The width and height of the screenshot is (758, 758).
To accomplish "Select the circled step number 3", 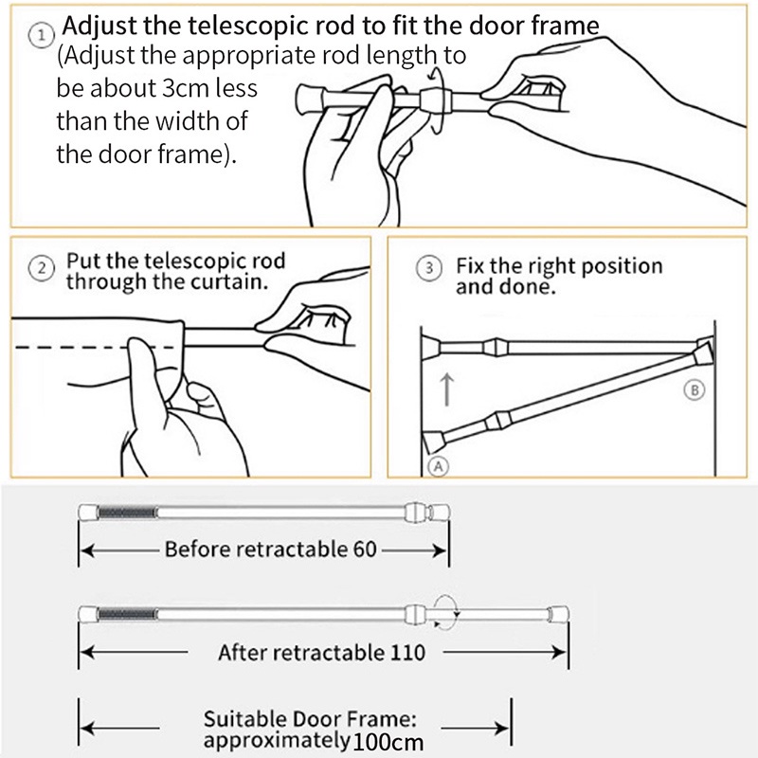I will click(430, 268).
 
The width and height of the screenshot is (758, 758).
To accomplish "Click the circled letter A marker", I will click(440, 465).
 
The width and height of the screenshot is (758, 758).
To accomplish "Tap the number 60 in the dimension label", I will click(363, 550).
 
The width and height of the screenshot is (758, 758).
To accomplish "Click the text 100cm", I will click(388, 742).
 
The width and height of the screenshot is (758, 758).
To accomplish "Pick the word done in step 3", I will click(526, 285).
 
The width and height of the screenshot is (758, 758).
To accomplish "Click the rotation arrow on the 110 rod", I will click(445, 613).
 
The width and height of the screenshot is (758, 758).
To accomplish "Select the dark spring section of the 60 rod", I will click(127, 512).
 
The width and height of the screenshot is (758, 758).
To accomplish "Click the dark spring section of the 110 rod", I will click(127, 613).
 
